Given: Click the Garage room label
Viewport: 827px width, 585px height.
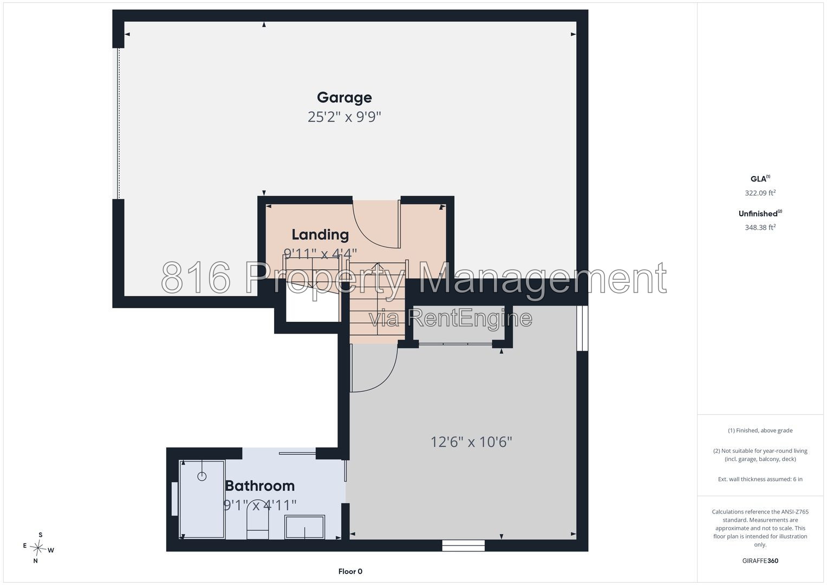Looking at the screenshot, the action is [344, 98].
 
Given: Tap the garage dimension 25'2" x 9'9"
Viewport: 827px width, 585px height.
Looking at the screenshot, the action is [344, 117].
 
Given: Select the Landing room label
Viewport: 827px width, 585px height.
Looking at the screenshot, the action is [320, 235].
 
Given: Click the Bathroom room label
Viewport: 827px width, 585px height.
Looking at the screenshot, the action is [260, 486].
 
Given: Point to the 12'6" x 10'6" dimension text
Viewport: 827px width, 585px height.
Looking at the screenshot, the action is [472, 442].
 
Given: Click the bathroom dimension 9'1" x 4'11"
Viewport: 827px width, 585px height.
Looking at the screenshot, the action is [260, 505].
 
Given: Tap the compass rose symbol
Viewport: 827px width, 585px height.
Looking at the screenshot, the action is [38, 548].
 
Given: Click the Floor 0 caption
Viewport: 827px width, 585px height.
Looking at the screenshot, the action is [350, 571].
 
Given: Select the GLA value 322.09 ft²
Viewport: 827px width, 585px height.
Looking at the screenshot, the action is [760, 193].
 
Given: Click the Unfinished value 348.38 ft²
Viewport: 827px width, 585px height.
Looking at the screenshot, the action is [760, 227].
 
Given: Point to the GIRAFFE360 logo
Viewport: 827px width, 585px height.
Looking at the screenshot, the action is [760, 561].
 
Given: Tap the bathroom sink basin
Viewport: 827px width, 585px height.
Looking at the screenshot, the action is [304, 527].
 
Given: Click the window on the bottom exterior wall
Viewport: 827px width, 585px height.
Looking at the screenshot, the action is [464, 545].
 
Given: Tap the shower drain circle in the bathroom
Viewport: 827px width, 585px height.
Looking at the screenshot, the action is [202, 477].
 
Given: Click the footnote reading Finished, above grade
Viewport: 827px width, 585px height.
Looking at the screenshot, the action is [760, 430].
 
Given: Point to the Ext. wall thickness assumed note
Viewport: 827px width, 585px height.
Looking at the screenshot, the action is [760, 479].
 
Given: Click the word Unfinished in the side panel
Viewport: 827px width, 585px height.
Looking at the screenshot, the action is [758, 213].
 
